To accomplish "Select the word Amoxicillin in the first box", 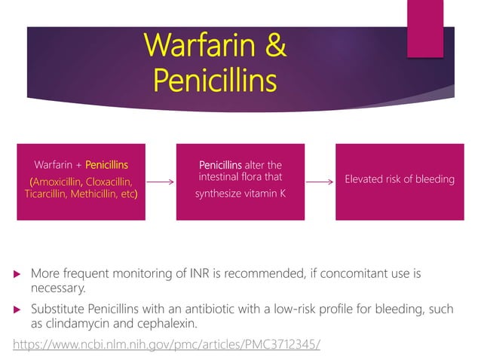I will pyautogui.click(x=57, y=182).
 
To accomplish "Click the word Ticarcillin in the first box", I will pyautogui.click(x=43, y=194).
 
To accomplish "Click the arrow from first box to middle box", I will pyautogui.click(x=161, y=182).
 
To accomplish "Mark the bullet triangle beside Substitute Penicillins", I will pyautogui.click(x=18, y=310).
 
